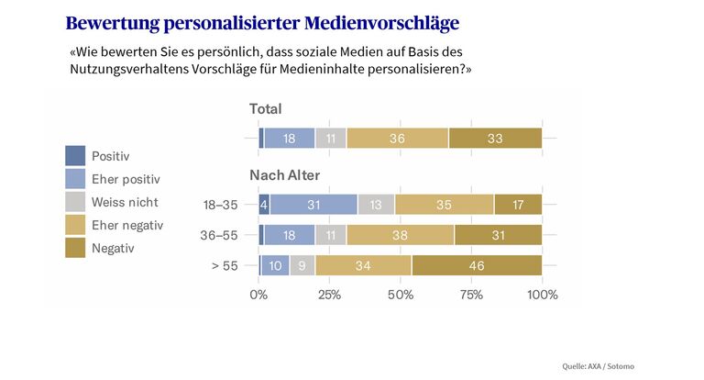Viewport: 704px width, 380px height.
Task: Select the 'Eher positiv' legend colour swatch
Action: [x=75, y=179]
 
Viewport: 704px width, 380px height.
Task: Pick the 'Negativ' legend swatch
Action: [x=75, y=248]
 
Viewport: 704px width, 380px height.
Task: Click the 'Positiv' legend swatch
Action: [x=75, y=156]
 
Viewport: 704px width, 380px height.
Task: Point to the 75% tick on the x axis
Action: [x=471, y=295]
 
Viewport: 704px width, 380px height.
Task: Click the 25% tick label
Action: [x=329, y=295]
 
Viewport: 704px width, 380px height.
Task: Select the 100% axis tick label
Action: [x=543, y=295]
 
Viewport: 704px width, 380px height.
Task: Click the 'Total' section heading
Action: [x=266, y=109]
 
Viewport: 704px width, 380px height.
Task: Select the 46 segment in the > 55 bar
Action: [x=477, y=265]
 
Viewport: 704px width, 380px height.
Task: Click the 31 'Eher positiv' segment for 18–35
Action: [x=313, y=204]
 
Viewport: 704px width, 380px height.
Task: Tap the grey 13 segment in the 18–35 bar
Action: [x=376, y=204]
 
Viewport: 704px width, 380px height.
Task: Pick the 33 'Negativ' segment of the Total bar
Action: [x=495, y=138]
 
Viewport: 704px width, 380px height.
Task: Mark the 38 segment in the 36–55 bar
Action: [x=400, y=235]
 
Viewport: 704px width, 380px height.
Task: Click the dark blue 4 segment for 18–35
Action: [x=264, y=204]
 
